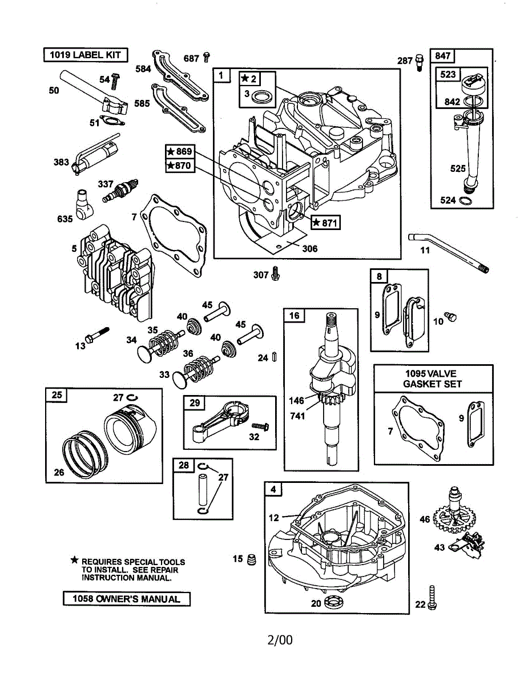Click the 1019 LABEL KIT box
(86, 55)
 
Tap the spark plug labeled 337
(120, 191)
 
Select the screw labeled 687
(207, 57)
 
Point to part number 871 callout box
(325, 223)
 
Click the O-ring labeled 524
(466, 200)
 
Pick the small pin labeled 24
(274, 357)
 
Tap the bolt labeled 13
(98, 335)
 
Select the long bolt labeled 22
(432, 598)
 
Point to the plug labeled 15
(252, 559)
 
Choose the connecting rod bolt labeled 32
(260, 426)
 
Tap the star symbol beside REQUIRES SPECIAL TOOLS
(74, 560)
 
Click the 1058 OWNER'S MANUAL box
(127, 599)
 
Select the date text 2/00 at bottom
(280, 640)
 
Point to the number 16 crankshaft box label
(295, 316)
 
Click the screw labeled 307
(276, 273)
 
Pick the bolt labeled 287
(419, 63)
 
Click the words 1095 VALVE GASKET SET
(432, 379)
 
